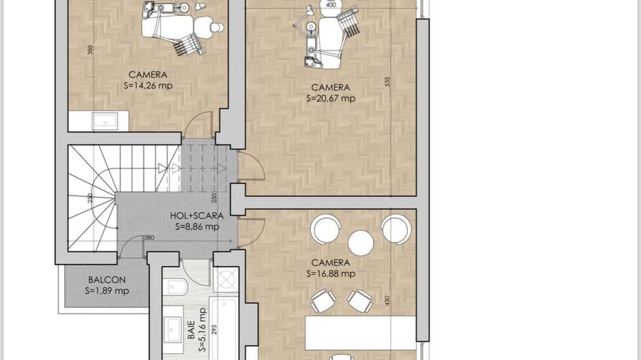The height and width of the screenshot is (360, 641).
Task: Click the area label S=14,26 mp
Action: point(148,86)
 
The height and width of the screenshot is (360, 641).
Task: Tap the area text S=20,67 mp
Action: point(331,98)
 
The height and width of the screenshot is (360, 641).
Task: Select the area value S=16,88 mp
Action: point(331,274)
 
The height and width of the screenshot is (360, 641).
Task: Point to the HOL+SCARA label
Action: point(197,216)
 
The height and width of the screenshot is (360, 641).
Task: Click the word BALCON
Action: point(107,279)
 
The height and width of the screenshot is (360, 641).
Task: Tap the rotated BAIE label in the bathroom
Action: point(191,331)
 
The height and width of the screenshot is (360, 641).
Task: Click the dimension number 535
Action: point(387,81)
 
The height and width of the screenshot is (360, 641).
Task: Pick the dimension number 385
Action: point(90,50)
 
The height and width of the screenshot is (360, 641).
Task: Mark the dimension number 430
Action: point(387,300)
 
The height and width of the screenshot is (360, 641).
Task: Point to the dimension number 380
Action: point(148,238)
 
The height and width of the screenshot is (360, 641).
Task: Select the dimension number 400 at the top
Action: point(331,5)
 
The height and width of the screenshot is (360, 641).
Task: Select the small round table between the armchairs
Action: point(360,243)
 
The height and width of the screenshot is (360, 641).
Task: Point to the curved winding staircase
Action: point(90,199)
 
